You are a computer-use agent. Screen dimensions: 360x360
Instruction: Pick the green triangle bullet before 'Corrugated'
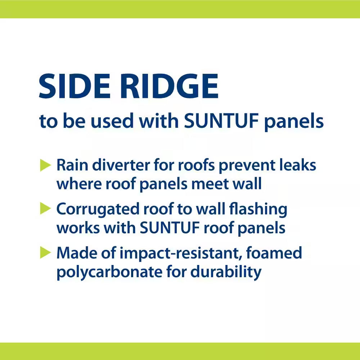pos(45,209)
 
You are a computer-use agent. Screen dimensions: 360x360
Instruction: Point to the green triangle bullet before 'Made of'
pos(45,253)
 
